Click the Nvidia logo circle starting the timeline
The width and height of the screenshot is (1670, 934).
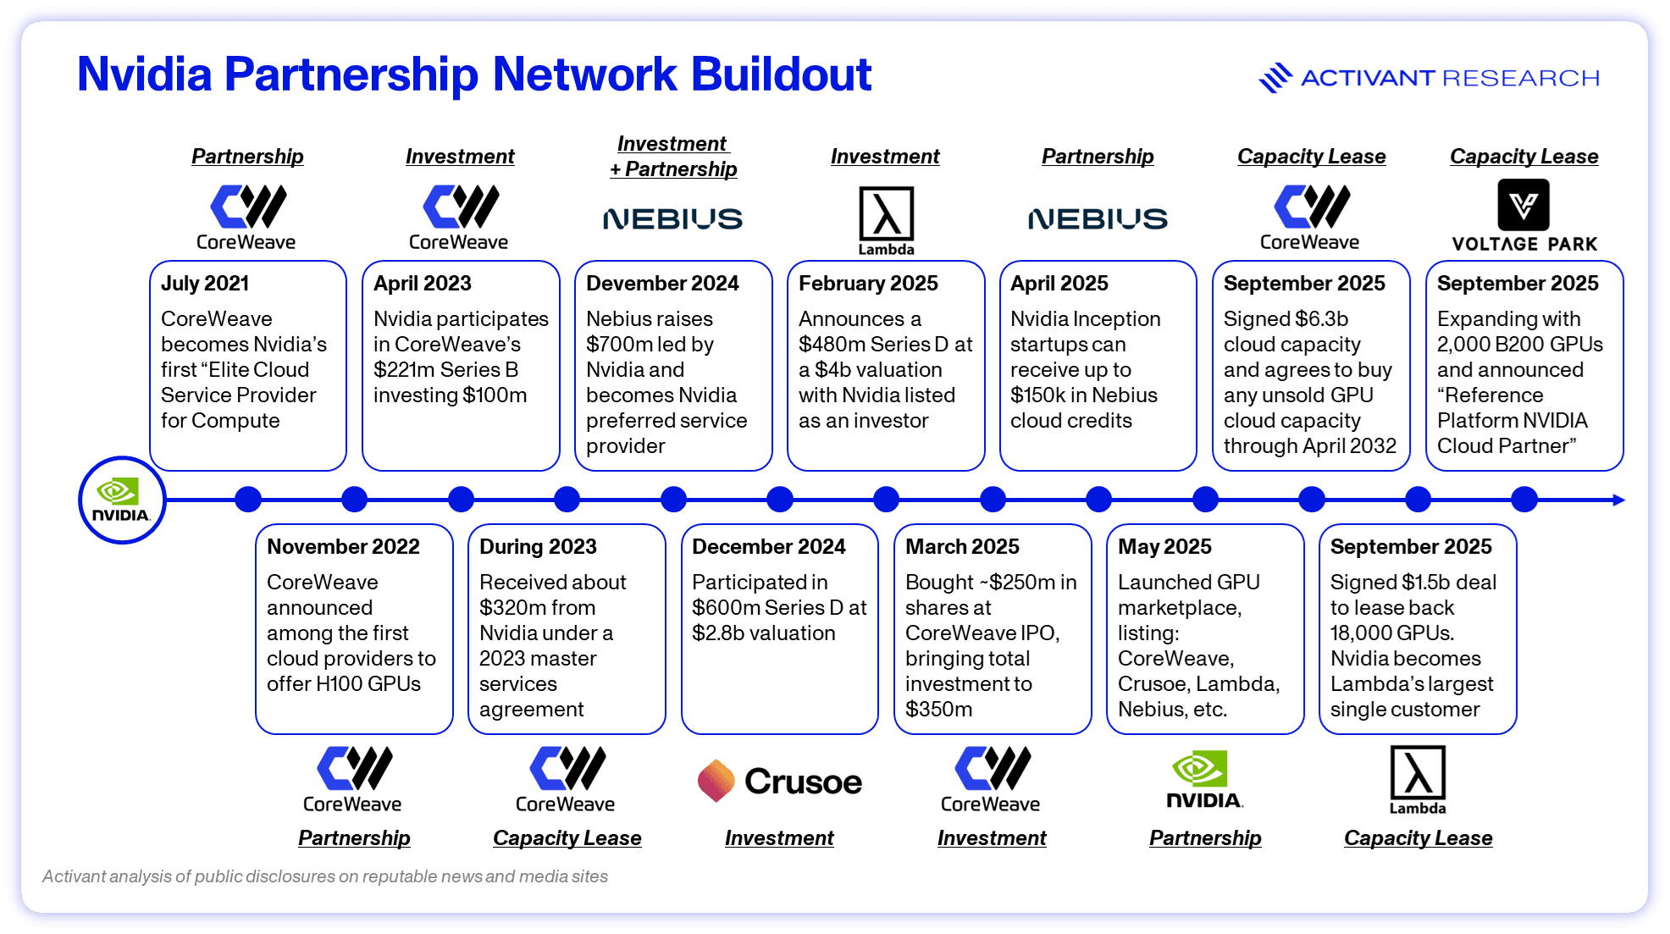pyautogui.click(x=122, y=500)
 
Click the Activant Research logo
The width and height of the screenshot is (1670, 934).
pyautogui.click(x=1429, y=78)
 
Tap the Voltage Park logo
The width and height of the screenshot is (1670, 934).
pyautogui.click(x=1523, y=215)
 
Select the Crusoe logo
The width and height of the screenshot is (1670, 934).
pyautogui.click(x=779, y=781)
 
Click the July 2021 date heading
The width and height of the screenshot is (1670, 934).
pyautogui.click(x=205, y=284)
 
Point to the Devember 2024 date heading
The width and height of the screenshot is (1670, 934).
pyautogui.click(x=662, y=284)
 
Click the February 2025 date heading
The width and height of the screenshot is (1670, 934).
pyautogui.click(x=868, y=284)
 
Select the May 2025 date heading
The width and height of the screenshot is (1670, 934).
pyautogui.click(x=1164, y=547)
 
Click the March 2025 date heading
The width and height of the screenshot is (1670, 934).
pyautogui.click(x=962, y=547)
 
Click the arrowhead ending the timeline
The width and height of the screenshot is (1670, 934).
pyautogui.click(x=1618, y=500)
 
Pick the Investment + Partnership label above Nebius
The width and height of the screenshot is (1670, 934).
pyautogui.click(x=673, y=157)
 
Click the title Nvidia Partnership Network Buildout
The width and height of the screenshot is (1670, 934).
pyautogui.click(x=473, y=75)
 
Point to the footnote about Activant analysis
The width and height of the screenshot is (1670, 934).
pyautogui.click(x=325, y=876)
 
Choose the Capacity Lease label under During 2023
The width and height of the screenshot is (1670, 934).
pyautogui.click(x=567, y=838)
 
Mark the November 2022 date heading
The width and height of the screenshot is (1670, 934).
pyautogui.click(x=343, y=547)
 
